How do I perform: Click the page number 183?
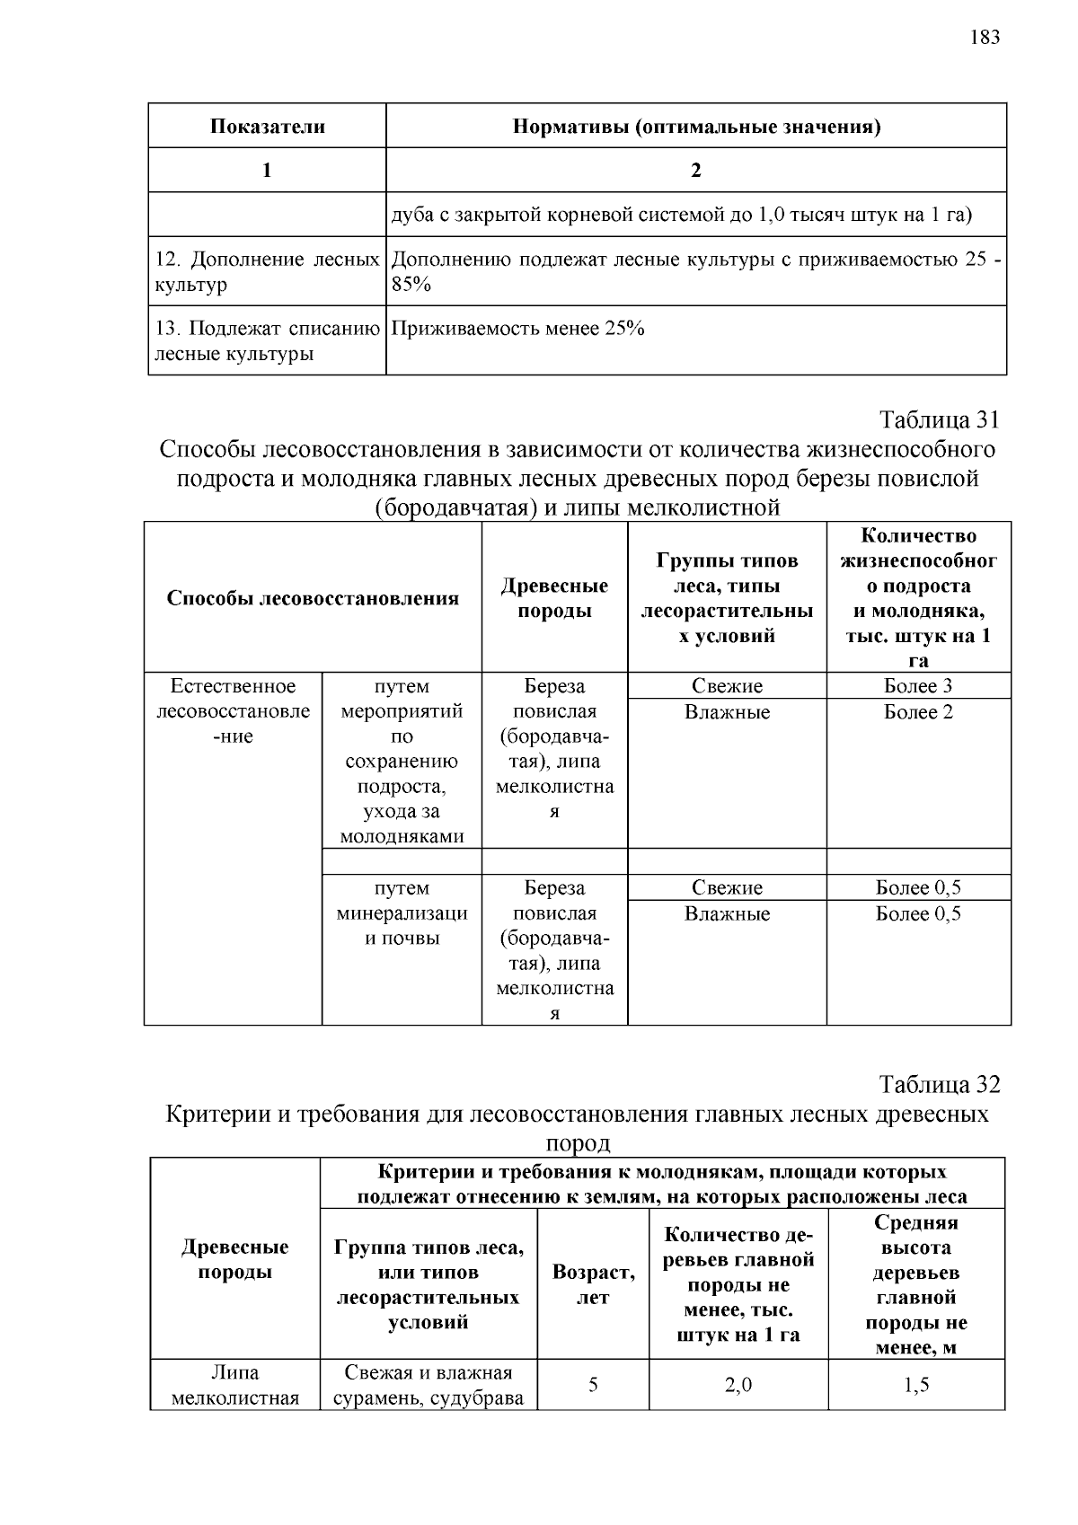pyautogui.click(x=985, y=37)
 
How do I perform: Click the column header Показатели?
pyautogui.click(x=267, y=126)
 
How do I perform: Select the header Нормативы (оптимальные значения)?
pyautogui.click(x=696, y=126)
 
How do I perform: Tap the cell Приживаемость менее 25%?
pyautogui.click(x=518, y=329)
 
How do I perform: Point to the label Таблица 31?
pyautogui.click(x=940, y=419)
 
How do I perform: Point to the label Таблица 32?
pyautogui.click(x=940, y=1084)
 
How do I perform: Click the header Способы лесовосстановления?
pyautogui.click(x=313, y=598)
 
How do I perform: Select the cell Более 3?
pyautogui.click(x=918, y=686)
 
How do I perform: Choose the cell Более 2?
pyautogui.click(x=918, y=712)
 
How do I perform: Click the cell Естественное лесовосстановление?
pyautogui.click(x=234, y=711)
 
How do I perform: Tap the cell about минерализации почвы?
pyautogui.click(x=402, y=913)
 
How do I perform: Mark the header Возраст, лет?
pyautogui.click(x=593, y=1284)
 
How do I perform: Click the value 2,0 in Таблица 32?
pyautogui.click(x=738, y=1385)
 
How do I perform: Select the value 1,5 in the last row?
pyautogui.click(x=916, y=1385)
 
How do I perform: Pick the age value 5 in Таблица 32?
pyautogui.click(x=593, y=1385)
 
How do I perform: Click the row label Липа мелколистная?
pyautogui.click(x=234, y=1385)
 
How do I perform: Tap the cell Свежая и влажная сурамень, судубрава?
pyautogui.click(x=429, y=1385)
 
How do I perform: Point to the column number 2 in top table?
pyautogui.click(x=696, y=170)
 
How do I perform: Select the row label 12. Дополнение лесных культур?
pyautogui.click(x=267, y=272)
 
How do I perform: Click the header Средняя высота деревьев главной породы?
pyautogui.click(x=916, y=1284)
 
